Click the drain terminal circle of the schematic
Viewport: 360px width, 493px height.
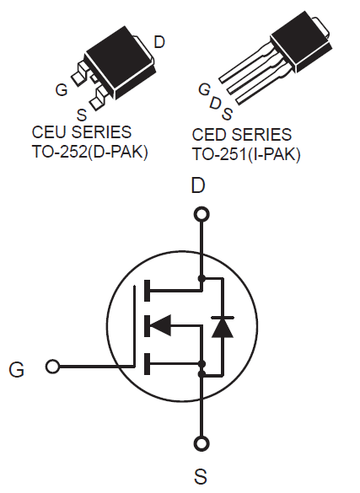click(201, 215)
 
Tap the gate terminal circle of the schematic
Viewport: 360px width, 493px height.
click(52, 367)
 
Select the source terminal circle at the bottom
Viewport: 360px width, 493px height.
click(201, 443)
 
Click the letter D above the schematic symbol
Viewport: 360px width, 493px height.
click(198, 185)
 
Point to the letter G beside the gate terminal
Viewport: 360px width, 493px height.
click(16, 369)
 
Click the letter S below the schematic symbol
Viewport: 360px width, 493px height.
click(201, 476)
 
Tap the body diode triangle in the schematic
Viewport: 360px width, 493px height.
click(223, 328)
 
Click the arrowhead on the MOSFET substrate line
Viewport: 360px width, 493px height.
click(161, 325)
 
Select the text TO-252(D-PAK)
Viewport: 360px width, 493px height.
click(90, 153)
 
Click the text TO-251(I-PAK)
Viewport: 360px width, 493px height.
click(246, 154)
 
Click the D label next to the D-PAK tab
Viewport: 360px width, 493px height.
click(159, 42)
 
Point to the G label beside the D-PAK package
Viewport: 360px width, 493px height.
click(62, 89)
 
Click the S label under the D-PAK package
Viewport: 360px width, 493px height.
click(82, 115)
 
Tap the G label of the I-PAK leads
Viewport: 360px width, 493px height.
click(204, 89)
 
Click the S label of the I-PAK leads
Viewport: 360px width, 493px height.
click(228, 114)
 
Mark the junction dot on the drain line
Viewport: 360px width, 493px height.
click(201, 278)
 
